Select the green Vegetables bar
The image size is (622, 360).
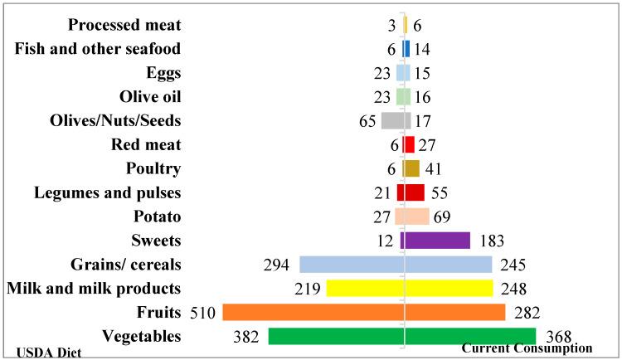coord(401,336)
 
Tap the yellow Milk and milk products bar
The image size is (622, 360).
coord(409,288)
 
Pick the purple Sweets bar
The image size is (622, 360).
coord(435,240)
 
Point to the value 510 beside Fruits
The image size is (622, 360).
coord(204,313)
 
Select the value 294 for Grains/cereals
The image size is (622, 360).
coord(276,265)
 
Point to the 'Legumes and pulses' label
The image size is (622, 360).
coord(108,193)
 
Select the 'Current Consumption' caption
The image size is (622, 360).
coord(526,348)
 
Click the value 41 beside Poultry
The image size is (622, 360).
coord(434,168)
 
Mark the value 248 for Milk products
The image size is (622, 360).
coord(512,289)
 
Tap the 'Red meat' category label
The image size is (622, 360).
coord(146,145)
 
